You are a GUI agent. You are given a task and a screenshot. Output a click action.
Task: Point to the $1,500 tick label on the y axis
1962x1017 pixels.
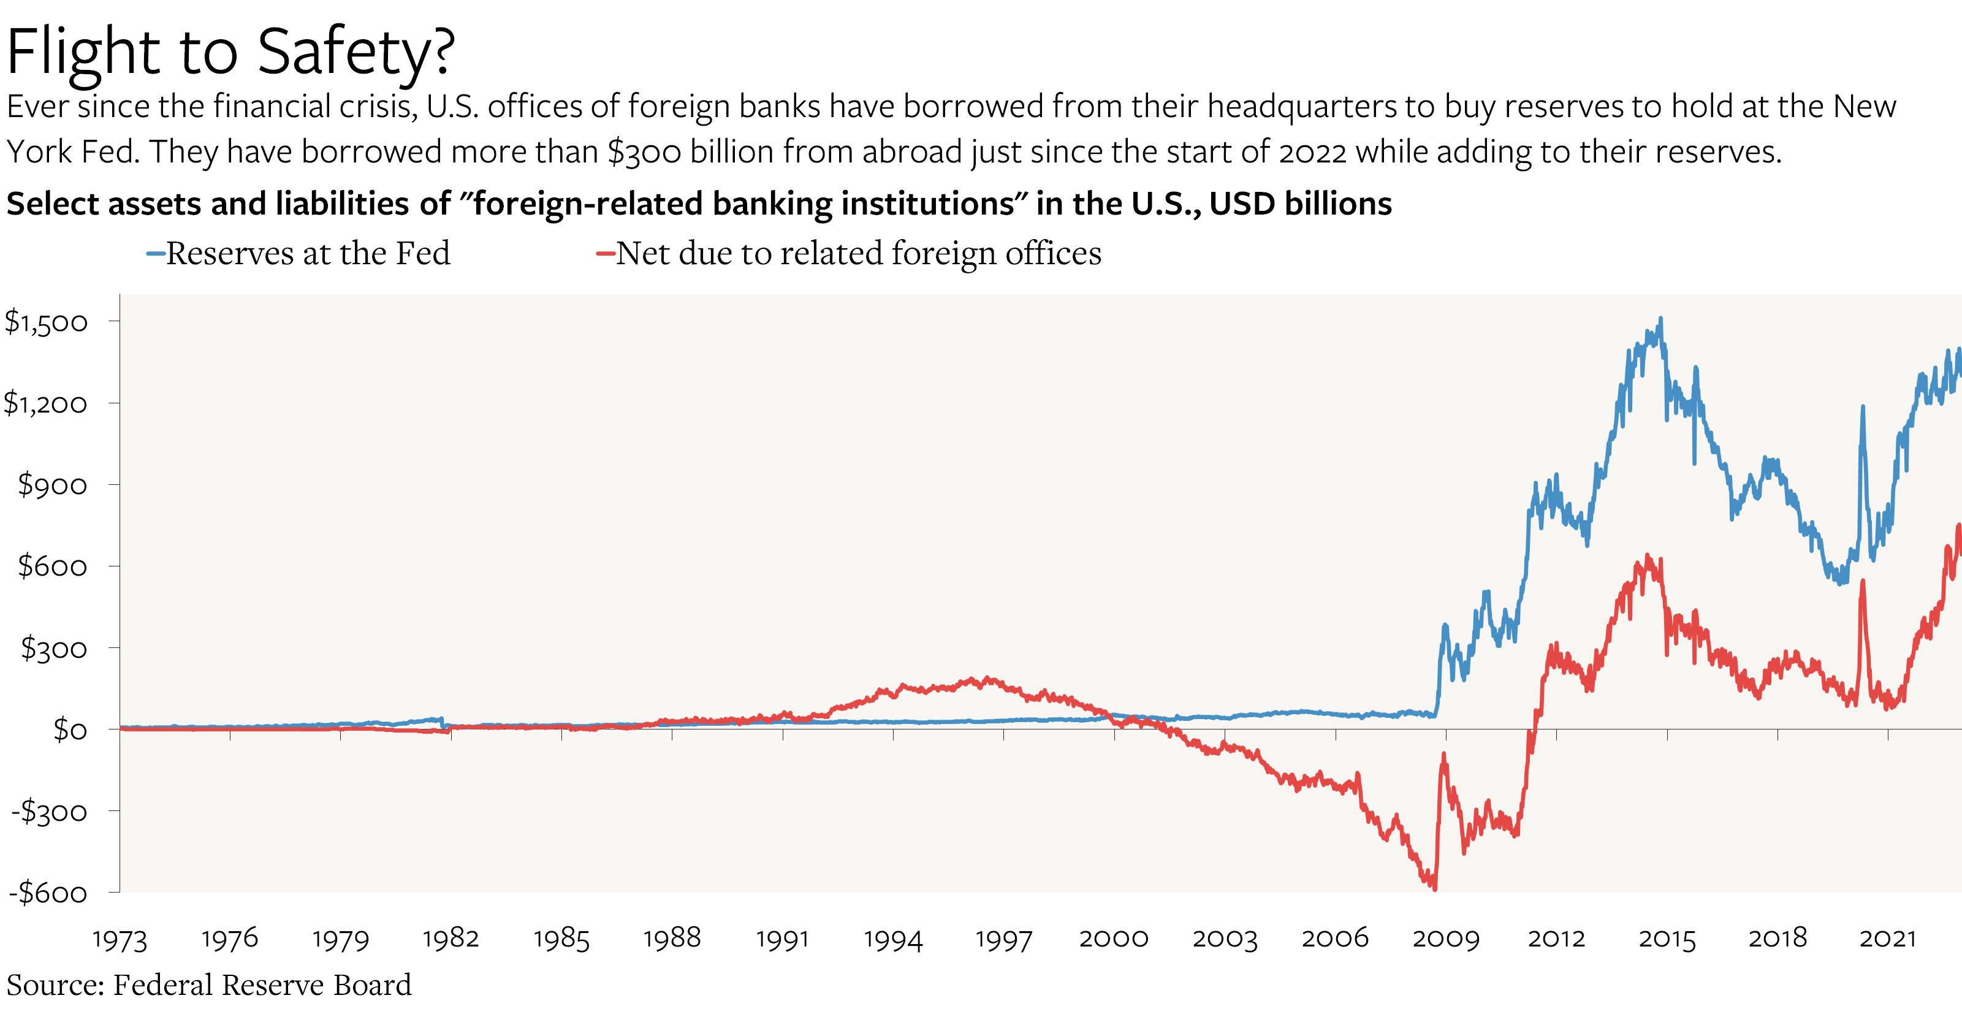tap(47, 321)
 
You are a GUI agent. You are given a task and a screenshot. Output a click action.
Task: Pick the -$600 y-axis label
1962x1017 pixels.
tap(48, 892)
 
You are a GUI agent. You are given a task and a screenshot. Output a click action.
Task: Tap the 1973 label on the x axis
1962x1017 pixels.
tap(120, 939)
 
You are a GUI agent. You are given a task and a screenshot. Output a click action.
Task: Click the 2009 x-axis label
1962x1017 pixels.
tap(1446, 939)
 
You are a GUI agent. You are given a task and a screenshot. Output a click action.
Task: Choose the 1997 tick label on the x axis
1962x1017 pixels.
tap(1003, 939)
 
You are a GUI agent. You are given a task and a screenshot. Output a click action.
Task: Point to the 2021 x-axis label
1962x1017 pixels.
tap(1887, 939)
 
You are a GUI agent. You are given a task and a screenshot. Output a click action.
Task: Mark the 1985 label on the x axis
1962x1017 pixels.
tap(561, 939)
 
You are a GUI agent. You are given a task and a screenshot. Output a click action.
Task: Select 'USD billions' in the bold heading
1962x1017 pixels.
tap(1300, 204)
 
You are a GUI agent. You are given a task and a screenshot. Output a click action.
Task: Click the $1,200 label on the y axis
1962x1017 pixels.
tap(46, 403)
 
